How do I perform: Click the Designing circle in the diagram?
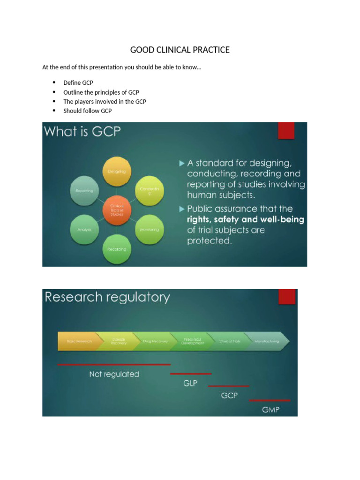tap(117, 172)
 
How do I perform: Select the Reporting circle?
tap(84, 191)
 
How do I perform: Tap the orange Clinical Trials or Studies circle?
tap(117, 210)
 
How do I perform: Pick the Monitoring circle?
tap(150, 229)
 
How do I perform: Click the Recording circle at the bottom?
tap(117, 249)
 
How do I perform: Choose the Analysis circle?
tap(84, 230)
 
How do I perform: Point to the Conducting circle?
tap(150, 191)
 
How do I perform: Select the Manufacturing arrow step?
tap(267, 341)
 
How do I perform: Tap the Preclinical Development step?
tap(193, 341)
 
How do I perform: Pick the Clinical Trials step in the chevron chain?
tap(230, 341)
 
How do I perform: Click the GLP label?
tap(190, 383)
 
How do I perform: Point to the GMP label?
tap(270, 410)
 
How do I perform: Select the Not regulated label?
tap(114, 374)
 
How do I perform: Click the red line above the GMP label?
tap(270, 400)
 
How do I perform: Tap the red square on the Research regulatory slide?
tap(287, 297)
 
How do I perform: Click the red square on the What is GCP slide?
tap(286, 131)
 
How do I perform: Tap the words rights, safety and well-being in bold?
tap(246, 219)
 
